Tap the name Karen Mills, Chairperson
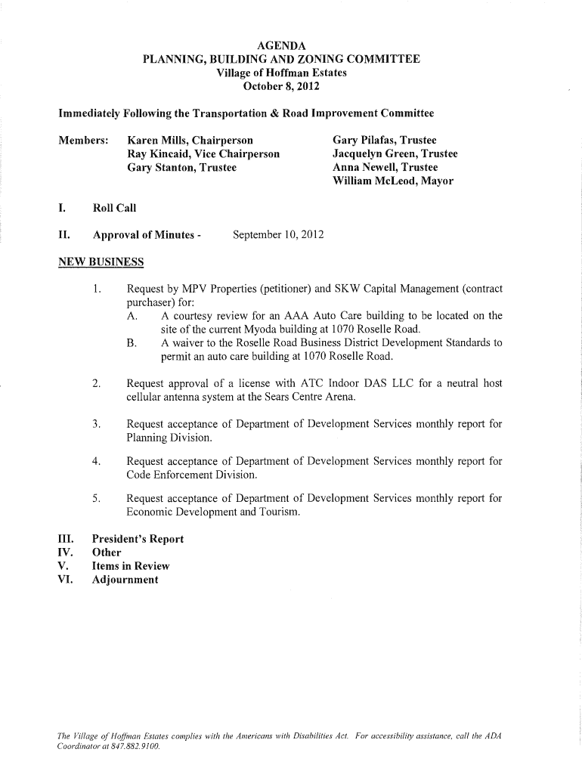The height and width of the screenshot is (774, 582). click(190, 141)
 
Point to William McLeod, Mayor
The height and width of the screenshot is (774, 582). click(392, 181)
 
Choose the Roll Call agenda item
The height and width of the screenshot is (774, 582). click(114, 208)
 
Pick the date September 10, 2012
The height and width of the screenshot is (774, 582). click(278, 235)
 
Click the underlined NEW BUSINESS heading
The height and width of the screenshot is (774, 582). click(101, 262)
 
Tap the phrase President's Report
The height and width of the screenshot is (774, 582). click(138, 539)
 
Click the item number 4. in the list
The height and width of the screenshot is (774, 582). click(96, 461)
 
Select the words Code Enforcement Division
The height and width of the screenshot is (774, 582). click(192, 475)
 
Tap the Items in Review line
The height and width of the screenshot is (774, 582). click(130, 566)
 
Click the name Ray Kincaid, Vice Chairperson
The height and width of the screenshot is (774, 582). click(204, 154)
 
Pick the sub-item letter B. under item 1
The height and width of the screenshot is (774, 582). click(132, 343)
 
